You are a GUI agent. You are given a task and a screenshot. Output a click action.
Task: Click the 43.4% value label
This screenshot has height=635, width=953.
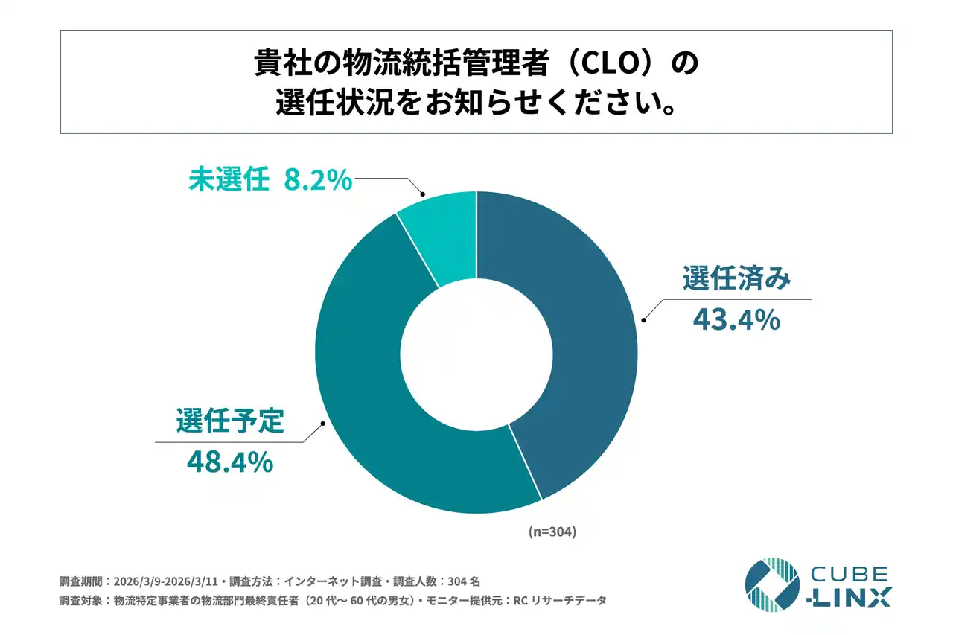pyautogui.click(x=736, y=320)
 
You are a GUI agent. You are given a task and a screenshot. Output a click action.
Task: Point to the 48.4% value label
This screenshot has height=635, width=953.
pyautogui.click(x=229, y=462)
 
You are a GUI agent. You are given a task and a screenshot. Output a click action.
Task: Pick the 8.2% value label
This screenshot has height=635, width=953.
pyautogui.click(x=317, y=180)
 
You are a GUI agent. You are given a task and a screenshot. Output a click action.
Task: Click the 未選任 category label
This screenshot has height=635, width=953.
pyautogui.click(x=228, y=180)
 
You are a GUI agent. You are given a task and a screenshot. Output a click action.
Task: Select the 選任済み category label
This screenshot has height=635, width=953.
pyautogui.click(x=736, y=281)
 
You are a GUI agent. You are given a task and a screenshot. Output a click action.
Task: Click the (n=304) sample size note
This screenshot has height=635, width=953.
pyautogui.click(x=552, y=532)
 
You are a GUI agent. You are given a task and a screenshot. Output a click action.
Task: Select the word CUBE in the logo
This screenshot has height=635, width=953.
pyautogui.click(x=849, y=573)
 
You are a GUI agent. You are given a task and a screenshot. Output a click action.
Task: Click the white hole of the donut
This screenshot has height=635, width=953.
pyautogui.click(x=476, y=351)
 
